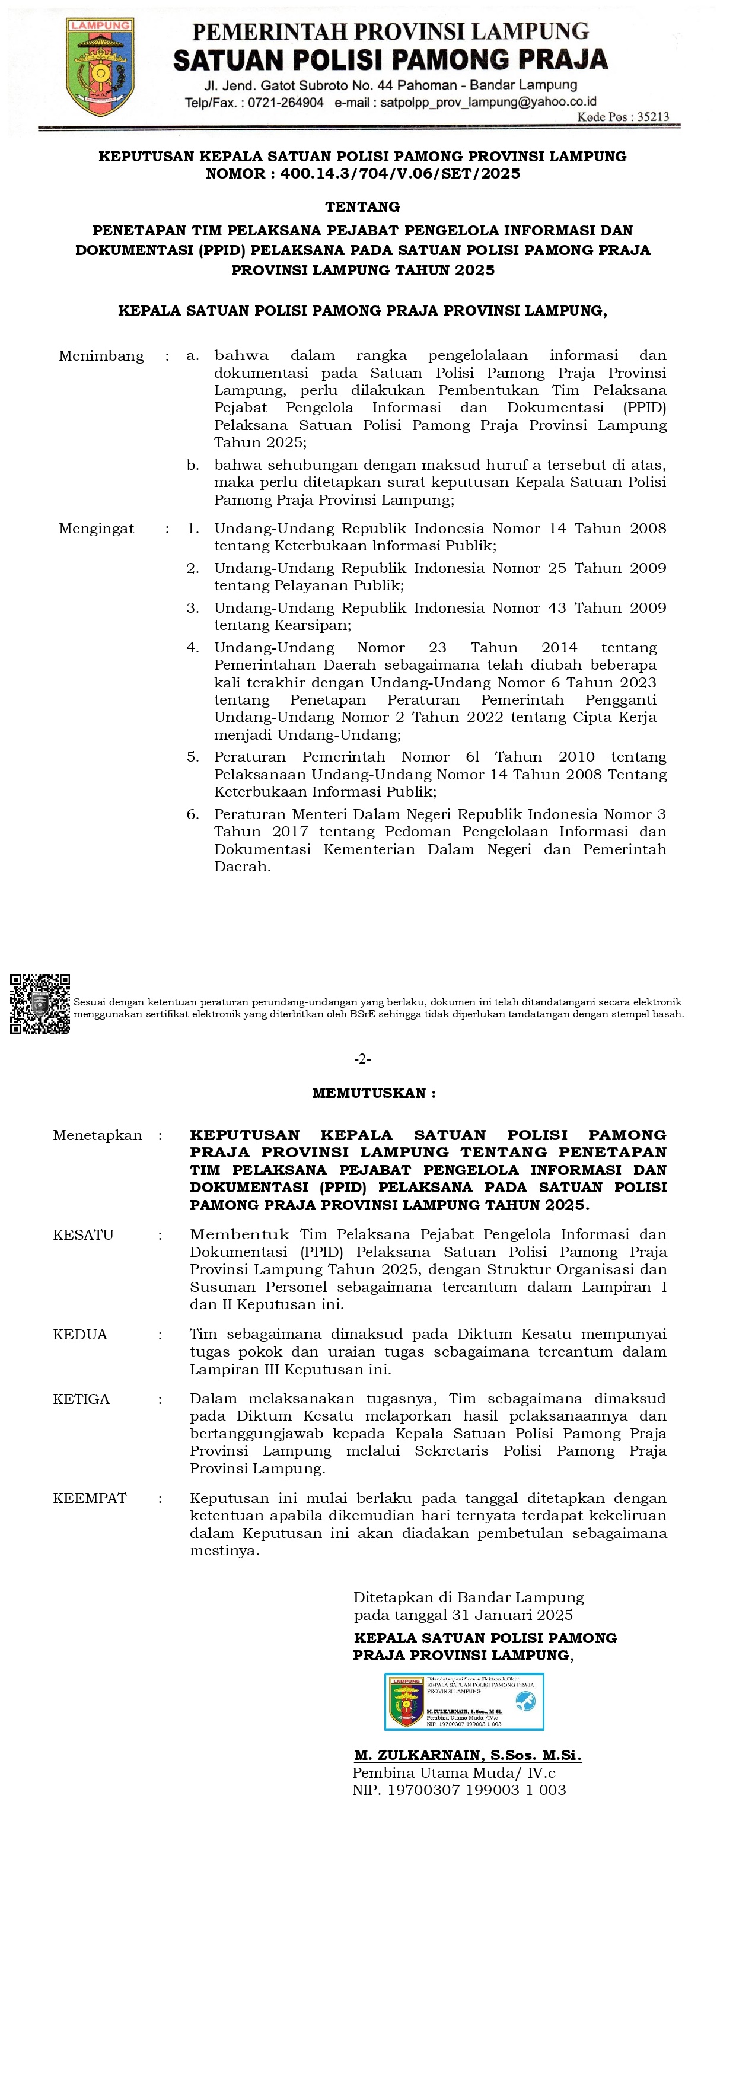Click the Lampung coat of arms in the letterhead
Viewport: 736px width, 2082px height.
pos(100,67)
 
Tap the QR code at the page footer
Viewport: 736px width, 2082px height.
pos(40,1003)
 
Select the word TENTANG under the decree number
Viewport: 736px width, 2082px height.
pos(362,207)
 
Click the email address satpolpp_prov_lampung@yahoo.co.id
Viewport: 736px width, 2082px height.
pos(488,103)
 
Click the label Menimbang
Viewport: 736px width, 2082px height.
pos(101,356)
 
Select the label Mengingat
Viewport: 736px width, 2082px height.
pos(96,529)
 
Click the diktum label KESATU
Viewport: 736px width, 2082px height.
pos(83,1235)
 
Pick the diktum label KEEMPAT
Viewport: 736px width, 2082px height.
pos(90,1498)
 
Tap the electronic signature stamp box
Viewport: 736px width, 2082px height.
pos(464,1701)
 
